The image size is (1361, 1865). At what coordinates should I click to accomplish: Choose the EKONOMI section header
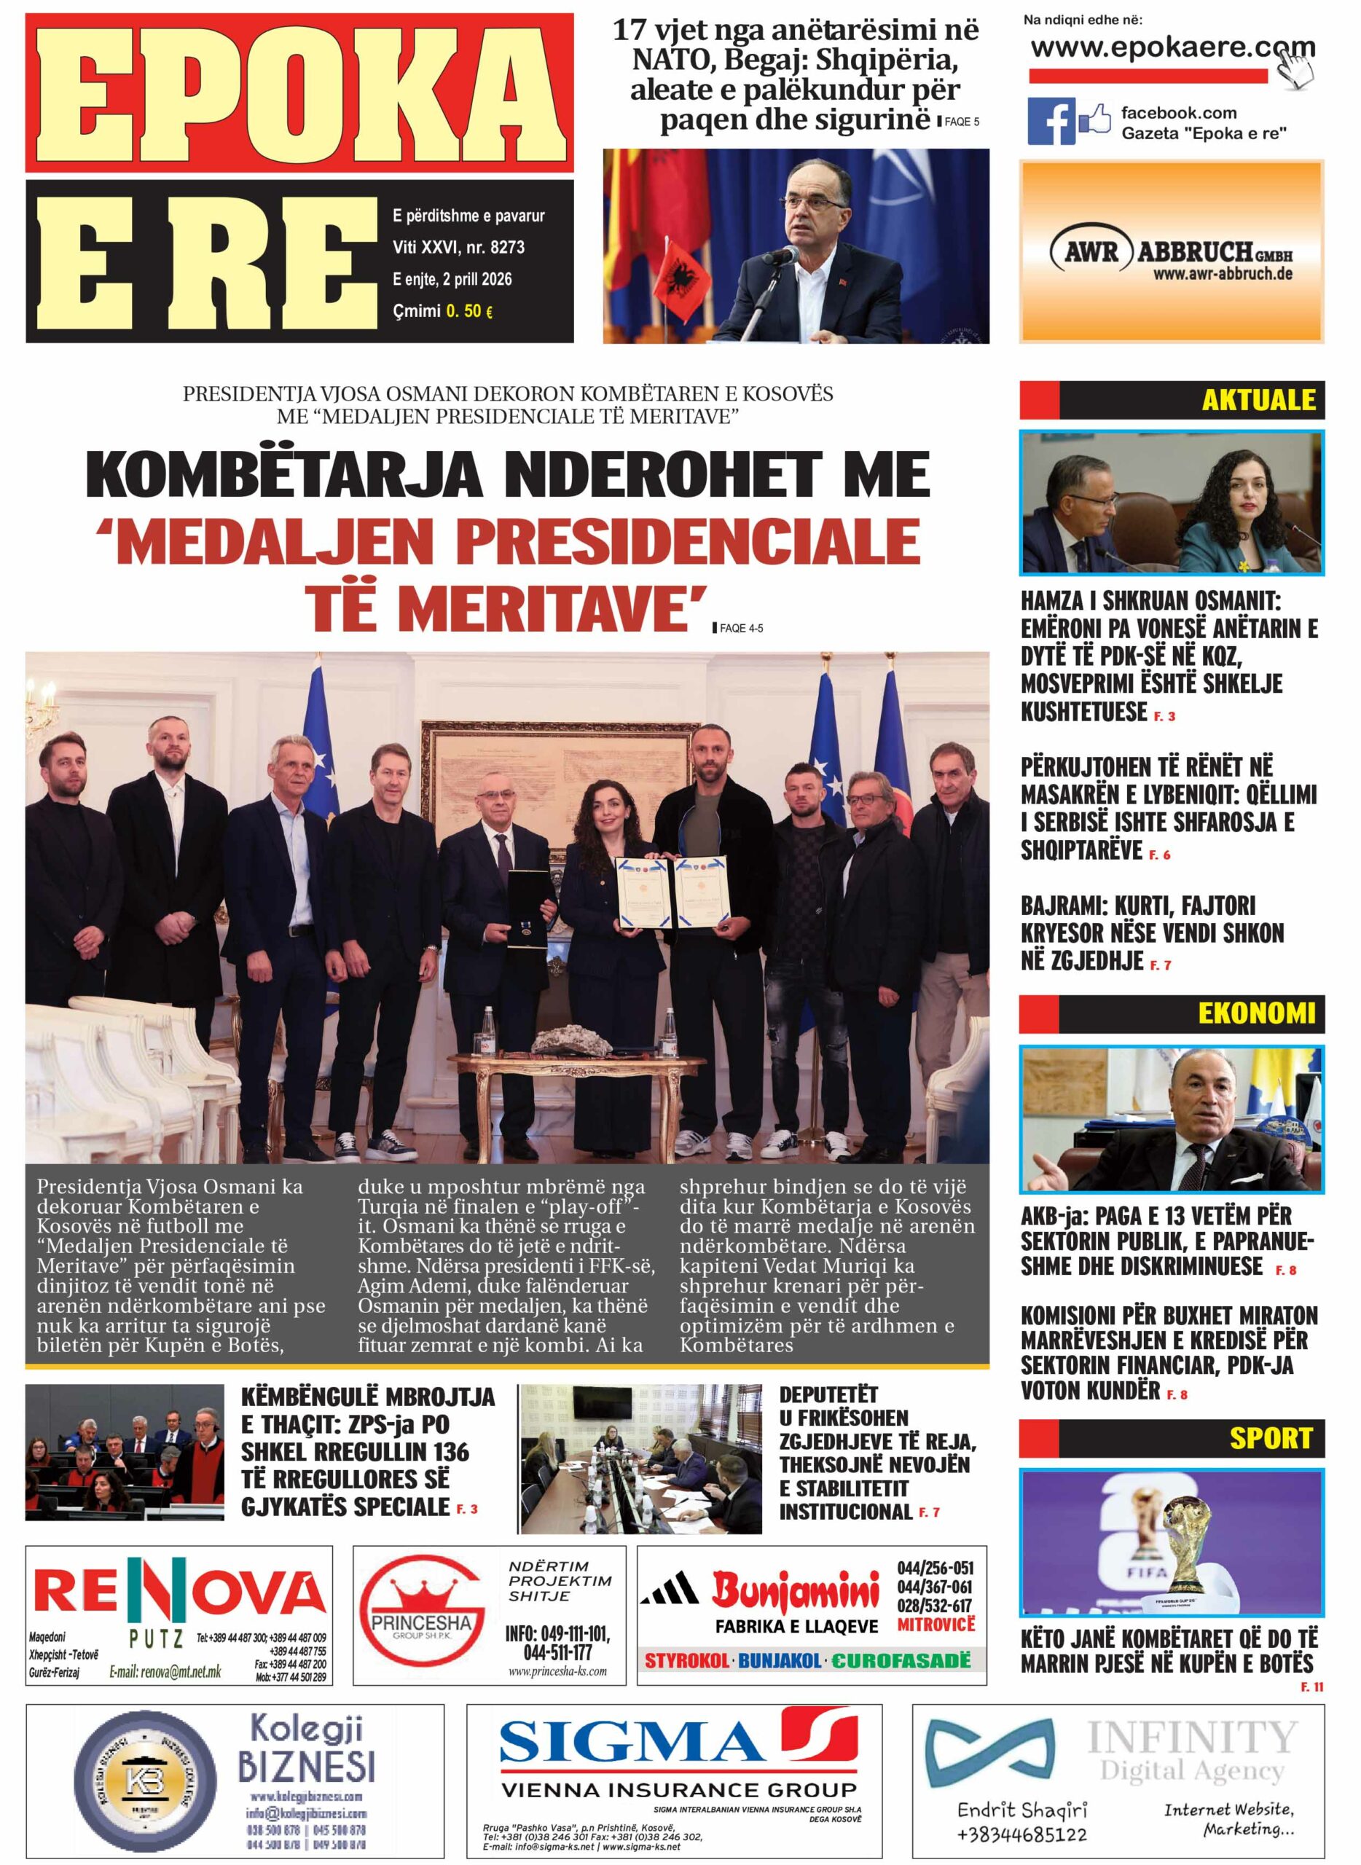(1255, 1013)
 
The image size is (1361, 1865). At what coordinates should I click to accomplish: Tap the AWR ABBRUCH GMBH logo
(1171, 252)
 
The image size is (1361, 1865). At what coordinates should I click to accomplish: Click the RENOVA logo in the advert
(179, 1593)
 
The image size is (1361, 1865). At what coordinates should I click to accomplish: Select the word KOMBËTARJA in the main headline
(284, 475)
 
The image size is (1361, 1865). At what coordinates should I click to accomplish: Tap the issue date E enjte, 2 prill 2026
(452, 279)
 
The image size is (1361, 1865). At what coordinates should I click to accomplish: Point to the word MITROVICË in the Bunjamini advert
(935, 1625)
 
